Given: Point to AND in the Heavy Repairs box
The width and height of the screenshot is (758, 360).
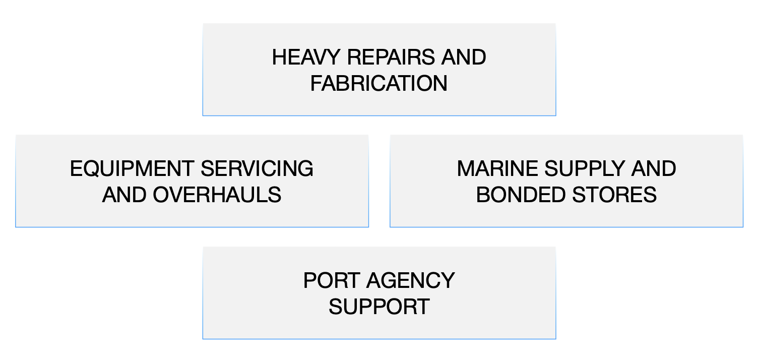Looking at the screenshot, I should (x=464, y=57).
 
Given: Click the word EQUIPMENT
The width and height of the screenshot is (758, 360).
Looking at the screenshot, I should (x=132, y=169).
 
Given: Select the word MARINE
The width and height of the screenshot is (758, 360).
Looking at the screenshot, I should (x=496, y=169).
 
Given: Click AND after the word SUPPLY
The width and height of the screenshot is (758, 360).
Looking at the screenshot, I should (x=654, y=169).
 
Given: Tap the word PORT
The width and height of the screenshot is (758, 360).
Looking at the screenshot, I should (x=332, y=281).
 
